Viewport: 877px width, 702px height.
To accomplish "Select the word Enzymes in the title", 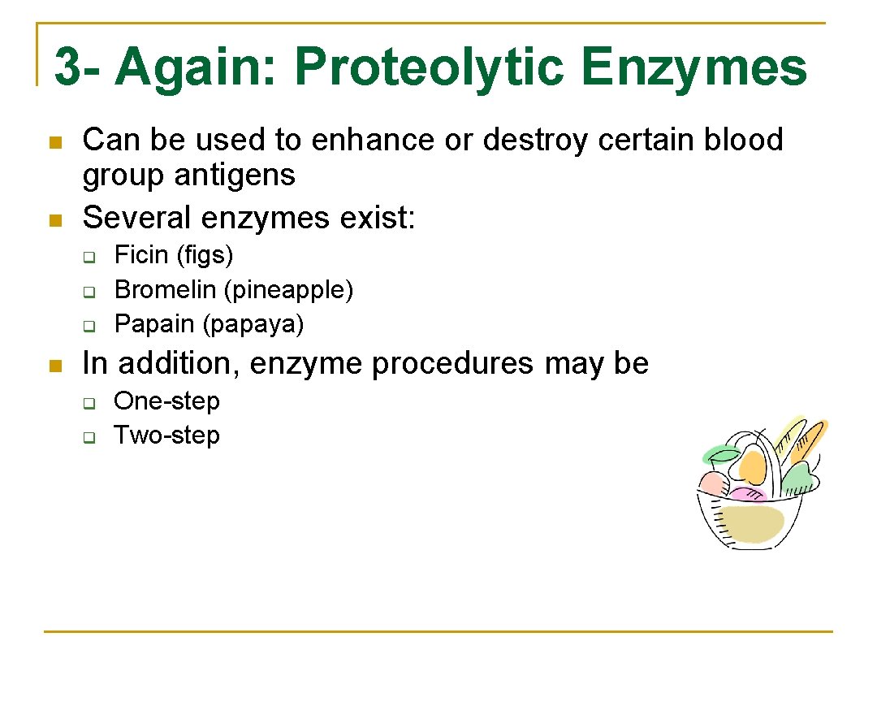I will coord(695,67).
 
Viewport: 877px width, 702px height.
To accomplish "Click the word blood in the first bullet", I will coord(743,140).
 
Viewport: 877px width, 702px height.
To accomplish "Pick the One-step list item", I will coord(166,401).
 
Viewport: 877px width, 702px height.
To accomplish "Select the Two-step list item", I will coord(166,435).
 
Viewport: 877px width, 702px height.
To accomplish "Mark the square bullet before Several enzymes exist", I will coord(55,219).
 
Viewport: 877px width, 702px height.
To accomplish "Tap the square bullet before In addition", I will coord(55,366).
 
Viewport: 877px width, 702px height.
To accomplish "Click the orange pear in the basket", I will coord(753,466).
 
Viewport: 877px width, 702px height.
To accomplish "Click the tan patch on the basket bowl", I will coord(752,524).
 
